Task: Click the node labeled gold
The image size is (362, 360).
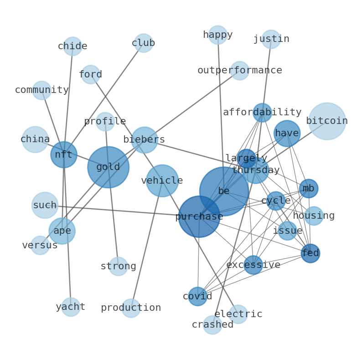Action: click(108, 167)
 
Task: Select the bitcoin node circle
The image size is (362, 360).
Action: click(327, 121)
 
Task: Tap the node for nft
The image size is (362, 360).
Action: click(64, 154)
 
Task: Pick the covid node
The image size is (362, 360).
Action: click(197, 296)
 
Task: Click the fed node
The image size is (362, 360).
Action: click(310, 253)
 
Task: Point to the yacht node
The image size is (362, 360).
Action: click(71, 307)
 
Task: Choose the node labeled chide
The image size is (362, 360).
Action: click(73, 46)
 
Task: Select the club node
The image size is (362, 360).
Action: click(143, 43)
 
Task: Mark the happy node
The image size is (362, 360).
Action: click(218, 35)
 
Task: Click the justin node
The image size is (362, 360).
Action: click(271, 39)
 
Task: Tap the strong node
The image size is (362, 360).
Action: click(118, 266)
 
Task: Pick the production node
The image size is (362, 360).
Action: click(131, 308)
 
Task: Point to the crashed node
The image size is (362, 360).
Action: click(212, 325)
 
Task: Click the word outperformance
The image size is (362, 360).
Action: click(240, 70)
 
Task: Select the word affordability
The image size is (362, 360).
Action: click(262, 113)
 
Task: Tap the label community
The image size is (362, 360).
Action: click(42, 90)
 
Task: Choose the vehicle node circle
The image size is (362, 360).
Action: click(162, 181)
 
